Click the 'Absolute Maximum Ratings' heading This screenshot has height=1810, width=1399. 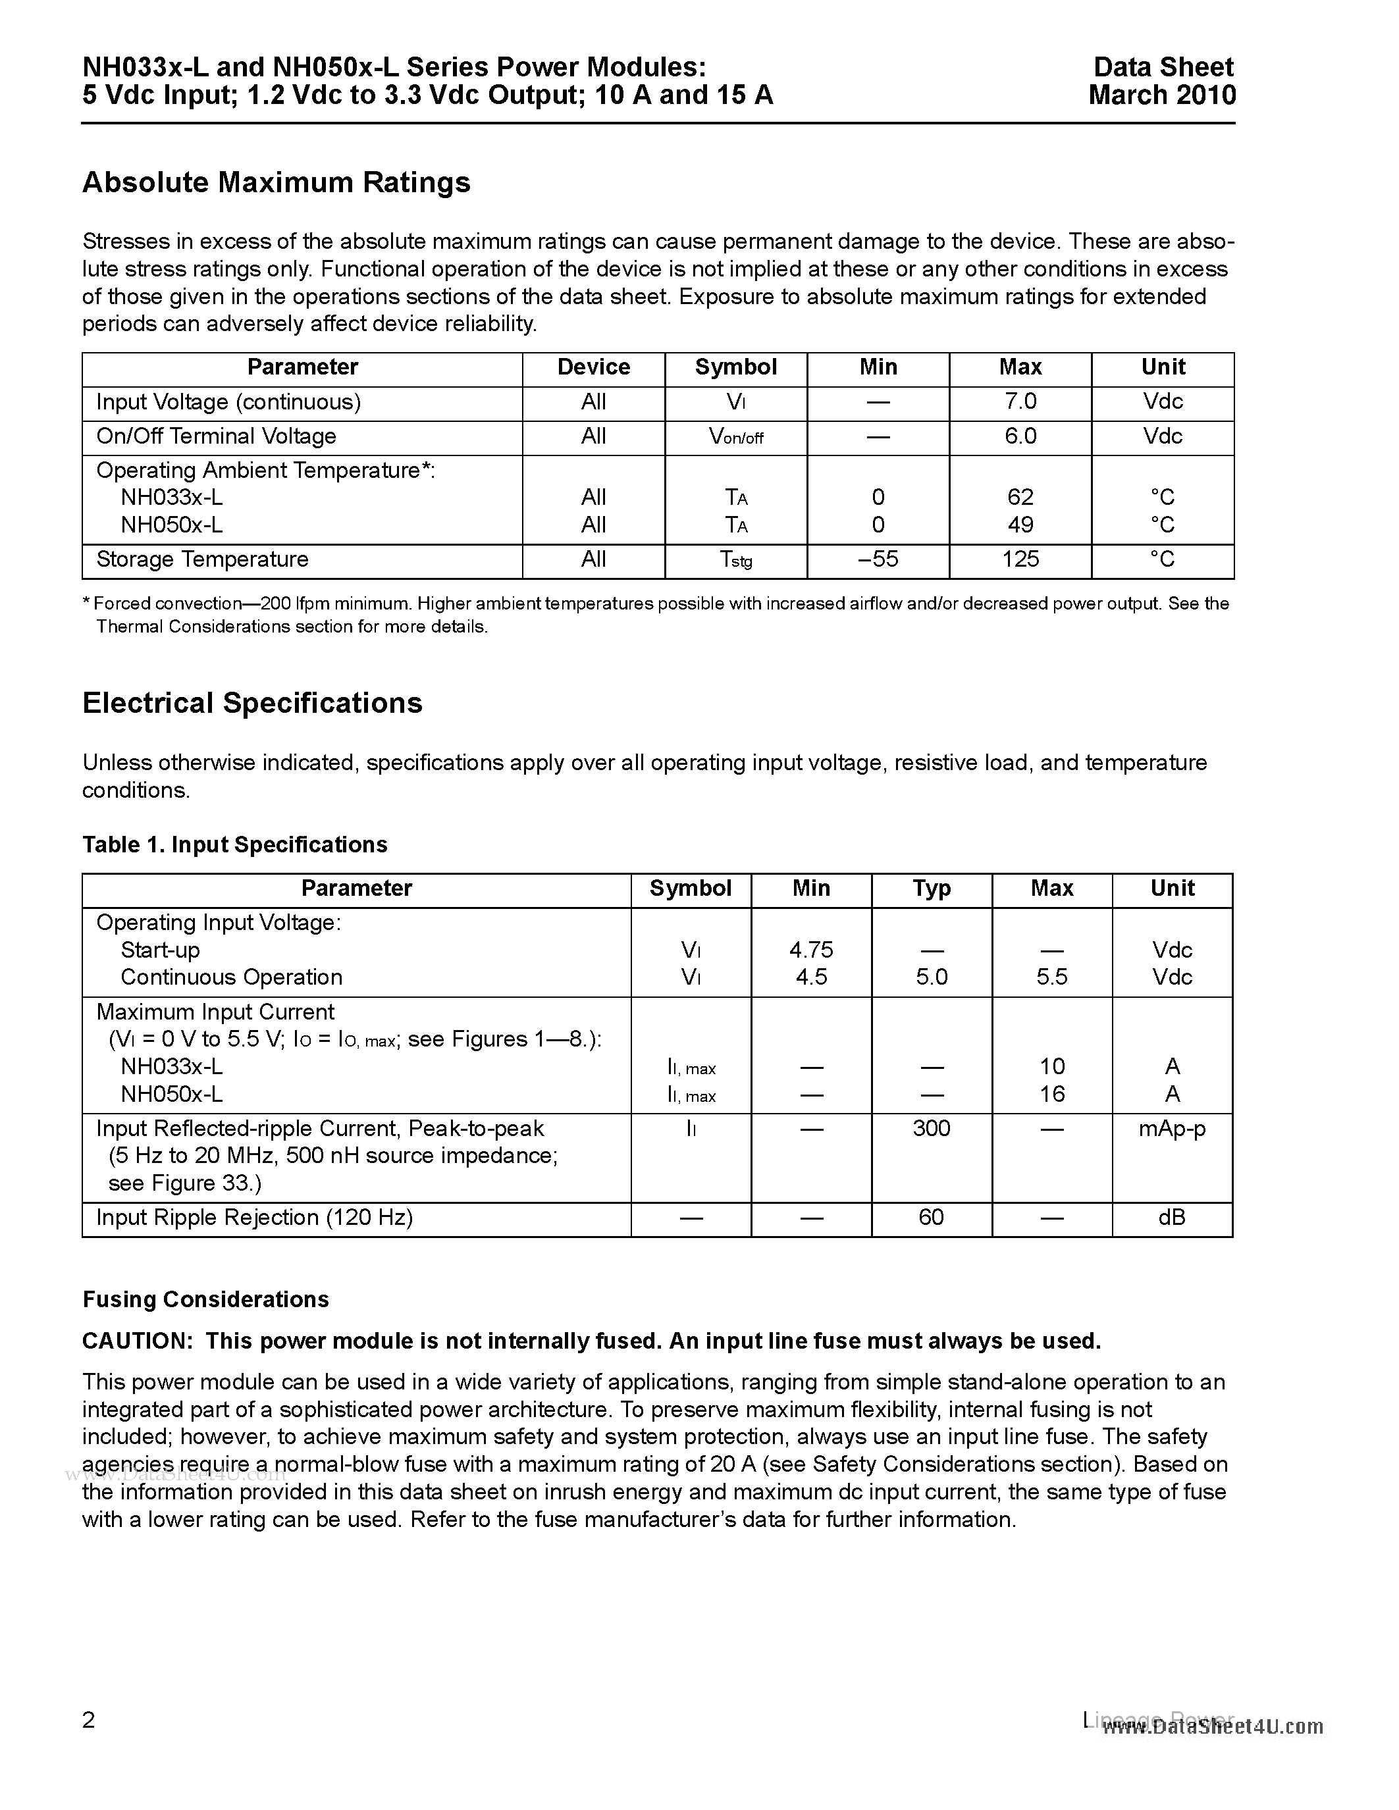276,182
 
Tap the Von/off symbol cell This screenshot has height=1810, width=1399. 735,437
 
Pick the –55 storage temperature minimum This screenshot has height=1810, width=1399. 878,559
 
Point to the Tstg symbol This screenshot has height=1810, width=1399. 735,560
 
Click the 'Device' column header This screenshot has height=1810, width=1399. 593,367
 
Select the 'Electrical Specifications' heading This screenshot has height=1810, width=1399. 252,703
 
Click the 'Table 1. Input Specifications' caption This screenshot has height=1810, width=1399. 234,844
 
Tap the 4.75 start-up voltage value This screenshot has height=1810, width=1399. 810,950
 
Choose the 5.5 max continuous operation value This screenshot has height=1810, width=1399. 1052,977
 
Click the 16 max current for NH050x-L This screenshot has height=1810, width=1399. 1052,1094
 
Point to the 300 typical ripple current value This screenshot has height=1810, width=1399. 931,1129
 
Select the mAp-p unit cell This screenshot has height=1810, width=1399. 1171,1129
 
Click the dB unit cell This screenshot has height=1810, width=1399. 1171,1218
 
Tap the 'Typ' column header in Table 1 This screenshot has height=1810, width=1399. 931,889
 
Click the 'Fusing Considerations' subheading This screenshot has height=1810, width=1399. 205,1299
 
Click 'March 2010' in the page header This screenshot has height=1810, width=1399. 1161,95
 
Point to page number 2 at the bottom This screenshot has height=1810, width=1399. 89,1720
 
